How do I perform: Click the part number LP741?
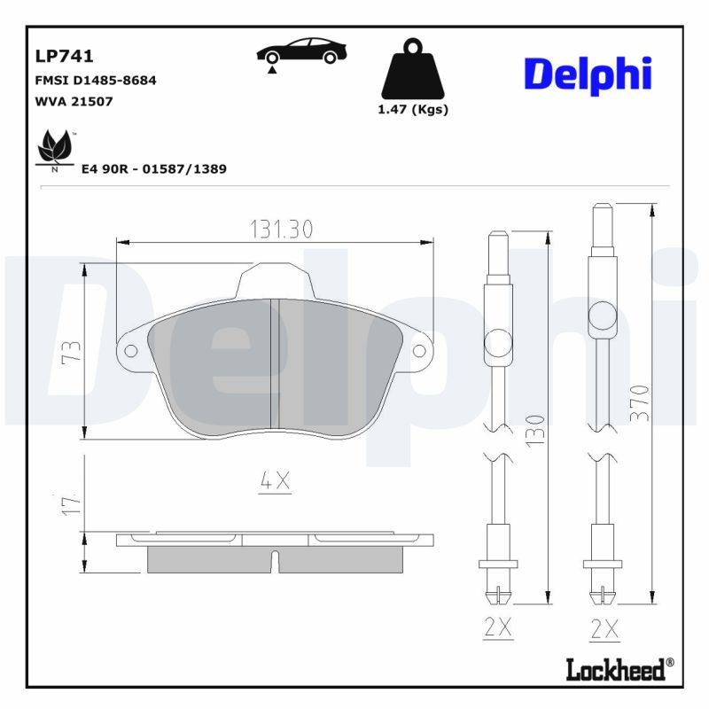coord(64,57)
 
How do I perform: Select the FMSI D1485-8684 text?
coord(95,80)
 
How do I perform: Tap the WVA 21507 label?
coord(74,101)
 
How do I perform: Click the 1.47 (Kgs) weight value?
coord(412,110)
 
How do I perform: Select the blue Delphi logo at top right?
coord(588,74)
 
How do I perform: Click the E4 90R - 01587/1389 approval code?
coord(153,168)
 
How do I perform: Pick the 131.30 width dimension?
coord(280,229)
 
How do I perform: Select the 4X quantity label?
coord(275,481)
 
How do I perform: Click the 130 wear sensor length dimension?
coord(534,429)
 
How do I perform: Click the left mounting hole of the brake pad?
coord(131,351)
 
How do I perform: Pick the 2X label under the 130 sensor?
coord(499,627)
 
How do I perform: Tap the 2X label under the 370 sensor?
coord(604,627)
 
